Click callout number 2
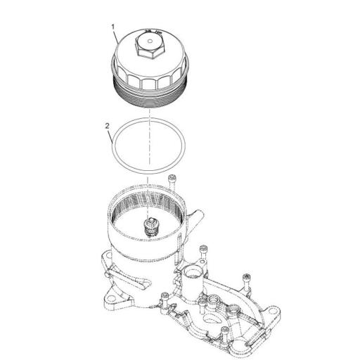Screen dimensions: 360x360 [x=107, y=126]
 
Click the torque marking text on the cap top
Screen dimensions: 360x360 [x=150, y=32]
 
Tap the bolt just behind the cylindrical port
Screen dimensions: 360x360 [x=203, y=252]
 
